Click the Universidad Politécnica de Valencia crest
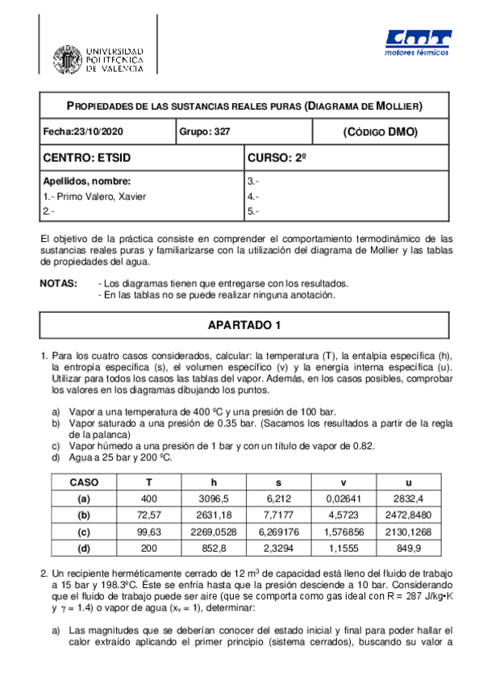click(68, 59)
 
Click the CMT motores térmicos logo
click(417, 45)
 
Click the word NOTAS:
click(59, 284)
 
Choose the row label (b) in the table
click(84, 515)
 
